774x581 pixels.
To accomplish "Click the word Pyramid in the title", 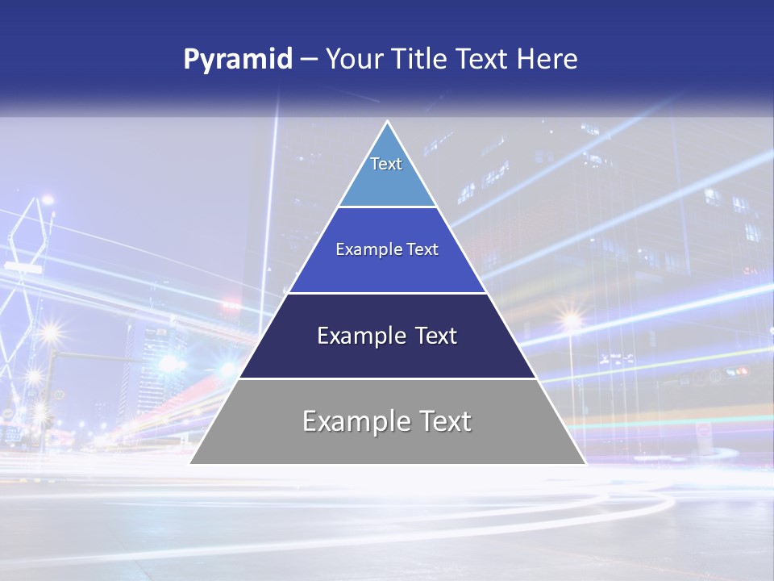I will [237, 60].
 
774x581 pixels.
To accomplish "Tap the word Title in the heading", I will [421, 60].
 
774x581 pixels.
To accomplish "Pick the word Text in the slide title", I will [484, 60].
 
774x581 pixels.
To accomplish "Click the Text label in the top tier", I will [386, 164].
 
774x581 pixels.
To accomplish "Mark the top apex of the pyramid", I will [388, 122].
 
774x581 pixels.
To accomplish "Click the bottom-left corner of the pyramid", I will [189, 464].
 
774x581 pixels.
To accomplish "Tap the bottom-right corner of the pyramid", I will [586, 464].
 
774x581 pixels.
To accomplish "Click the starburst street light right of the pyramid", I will [572, 322].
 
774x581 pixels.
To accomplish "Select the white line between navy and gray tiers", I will [388, 378].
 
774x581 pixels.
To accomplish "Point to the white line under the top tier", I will [388, 207].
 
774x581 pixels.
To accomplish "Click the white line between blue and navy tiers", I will [388, 293].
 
